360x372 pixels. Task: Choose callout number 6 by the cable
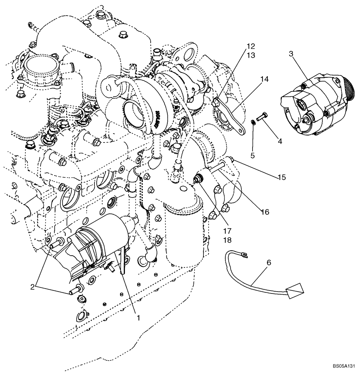[x=269, y=263]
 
